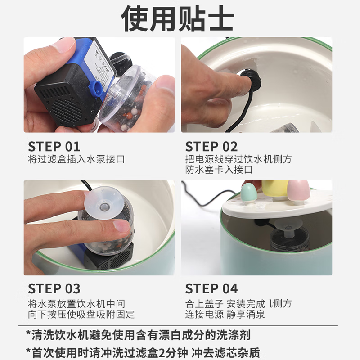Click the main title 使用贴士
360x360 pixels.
click(x=177, y=18)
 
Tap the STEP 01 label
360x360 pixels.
click(x=54, y=147)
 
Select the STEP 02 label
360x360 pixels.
click(x=211, y=147)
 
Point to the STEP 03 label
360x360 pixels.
click(x=54, y=288)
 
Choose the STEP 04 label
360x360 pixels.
click(x=211, y=288)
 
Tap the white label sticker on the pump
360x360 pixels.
click(x=100, y=62)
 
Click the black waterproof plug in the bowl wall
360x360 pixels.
click(x=252, y=81)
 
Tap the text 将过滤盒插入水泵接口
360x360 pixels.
click(x=76, y=159)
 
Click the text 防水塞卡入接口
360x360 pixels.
click(x=219, y=170)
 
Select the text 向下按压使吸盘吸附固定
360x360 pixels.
click(x=81, y=314)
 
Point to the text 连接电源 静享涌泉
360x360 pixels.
click(x=225, y=314)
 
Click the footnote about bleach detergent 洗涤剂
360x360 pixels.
click(x=138, y=335)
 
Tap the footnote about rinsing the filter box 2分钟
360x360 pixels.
click(x=143, y=352)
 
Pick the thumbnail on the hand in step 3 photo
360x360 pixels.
click(x=121, y=226)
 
